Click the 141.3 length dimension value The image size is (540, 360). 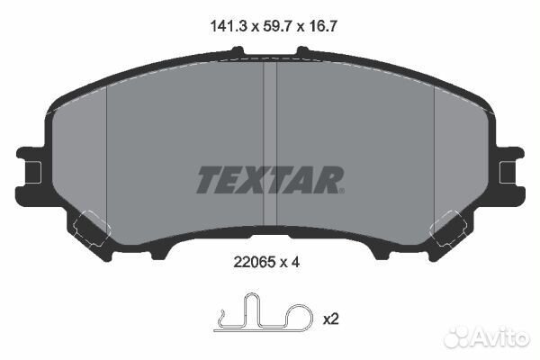(229, 26)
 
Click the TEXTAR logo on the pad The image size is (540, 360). (269, 179)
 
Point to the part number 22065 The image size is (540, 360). (255, 263)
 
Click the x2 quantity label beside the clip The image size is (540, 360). (331, 319)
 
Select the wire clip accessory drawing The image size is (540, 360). (264, 312)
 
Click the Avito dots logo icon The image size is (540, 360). (456, 337)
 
